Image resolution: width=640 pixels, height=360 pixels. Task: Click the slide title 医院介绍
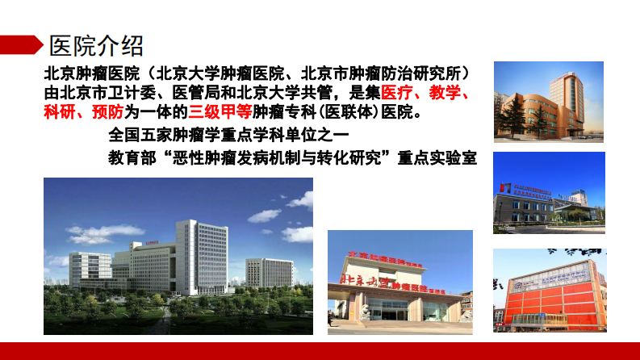pos(97,43)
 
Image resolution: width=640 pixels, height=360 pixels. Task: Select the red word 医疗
pos(398,92)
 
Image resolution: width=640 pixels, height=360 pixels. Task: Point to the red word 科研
pos(60,111)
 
